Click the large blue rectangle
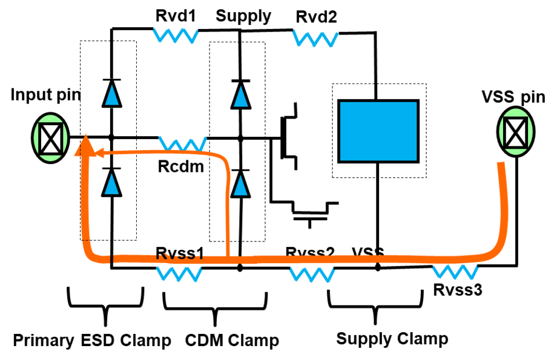tap(378, 131)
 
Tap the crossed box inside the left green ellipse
tap(51, 138)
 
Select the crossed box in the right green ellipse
tap(515, 133)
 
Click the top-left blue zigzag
tap(176, 35)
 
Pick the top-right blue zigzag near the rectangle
tap(315, 39)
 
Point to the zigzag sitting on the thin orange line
tap(183, 144)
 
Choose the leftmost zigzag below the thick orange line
tap(179, 274)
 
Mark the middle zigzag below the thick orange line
tap(312, 275)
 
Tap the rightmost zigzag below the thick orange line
tap(455, 272)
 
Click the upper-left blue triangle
tap(112, 96)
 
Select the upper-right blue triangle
tap(241, 97)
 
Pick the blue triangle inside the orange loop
tap(111, 185)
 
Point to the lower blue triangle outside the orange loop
tap(240, 186)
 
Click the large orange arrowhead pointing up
tap(85, 146)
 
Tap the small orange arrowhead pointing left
tap(101, 153)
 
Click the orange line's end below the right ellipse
tap(501, 165)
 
